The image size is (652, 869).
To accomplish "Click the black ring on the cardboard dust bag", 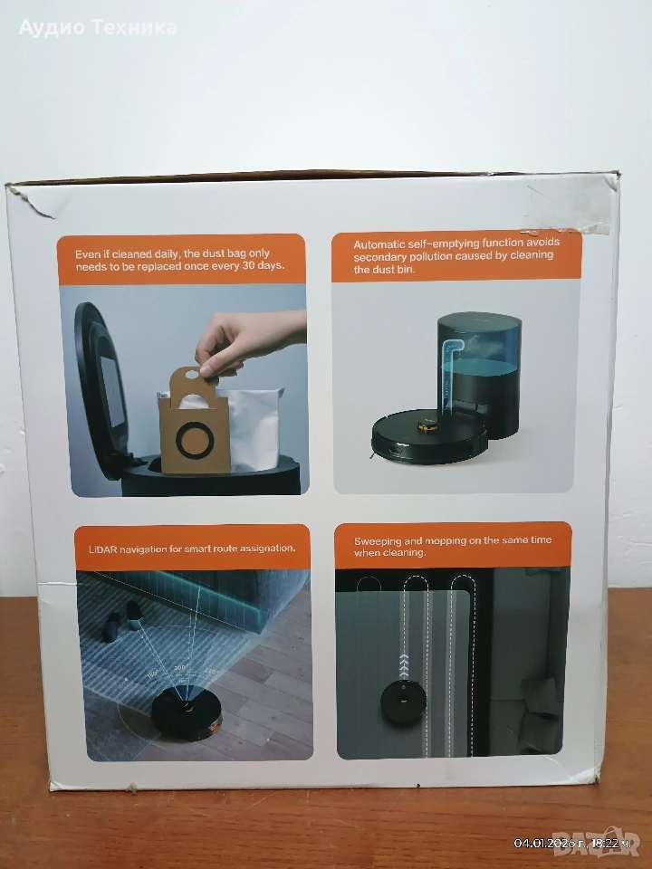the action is point(195,440).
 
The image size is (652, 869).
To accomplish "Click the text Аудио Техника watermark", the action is point(98,27).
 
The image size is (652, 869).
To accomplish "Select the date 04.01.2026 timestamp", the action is point(544,844).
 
